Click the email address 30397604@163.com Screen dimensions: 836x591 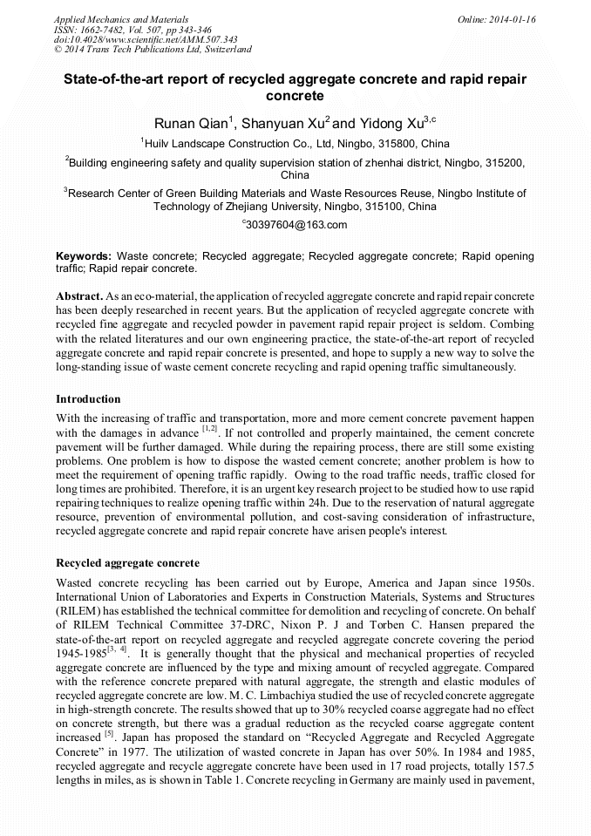tap(296, 225)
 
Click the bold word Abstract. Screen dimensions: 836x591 tap(81, 296)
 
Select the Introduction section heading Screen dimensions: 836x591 tap(88, 398)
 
